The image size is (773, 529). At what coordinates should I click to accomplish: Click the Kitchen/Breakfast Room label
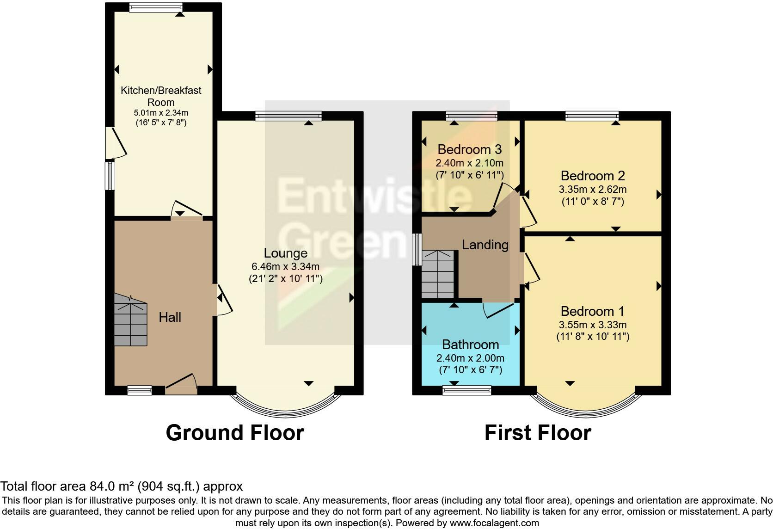point(161,96)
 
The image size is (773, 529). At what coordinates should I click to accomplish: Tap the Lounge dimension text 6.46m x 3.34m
point(285,266)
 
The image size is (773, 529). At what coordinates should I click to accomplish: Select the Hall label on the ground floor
point(170,317)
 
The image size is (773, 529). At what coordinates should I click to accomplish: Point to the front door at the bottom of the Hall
point(181,386)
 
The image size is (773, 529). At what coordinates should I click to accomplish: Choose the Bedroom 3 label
point(469,149)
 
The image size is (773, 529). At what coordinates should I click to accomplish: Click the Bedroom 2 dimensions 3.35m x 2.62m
point(593,189)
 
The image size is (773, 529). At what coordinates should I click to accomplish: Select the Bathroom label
point(470,344)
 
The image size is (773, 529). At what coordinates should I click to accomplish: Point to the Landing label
point(485,245)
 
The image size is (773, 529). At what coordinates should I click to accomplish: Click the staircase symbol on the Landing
point(437,274)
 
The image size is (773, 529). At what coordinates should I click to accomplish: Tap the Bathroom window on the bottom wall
point(467,391)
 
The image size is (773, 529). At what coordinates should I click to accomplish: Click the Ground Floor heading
point(235,433)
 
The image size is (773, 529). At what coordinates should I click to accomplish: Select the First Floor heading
point(538,433)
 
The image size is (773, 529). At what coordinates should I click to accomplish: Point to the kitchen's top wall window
point(156,7)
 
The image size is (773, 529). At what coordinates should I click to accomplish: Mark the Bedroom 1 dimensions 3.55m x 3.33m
point(593,325)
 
